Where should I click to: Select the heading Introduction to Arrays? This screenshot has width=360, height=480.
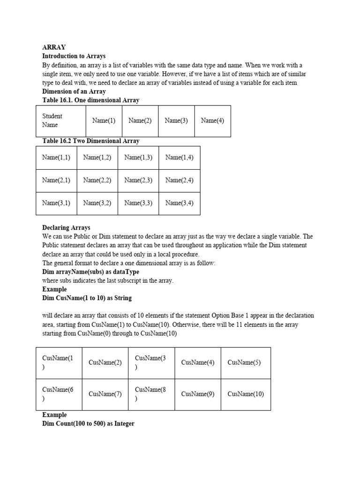pyautogui.click(x=74, y=56)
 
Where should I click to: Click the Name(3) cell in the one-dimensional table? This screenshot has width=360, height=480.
pyautogui.click(x=176, y=120)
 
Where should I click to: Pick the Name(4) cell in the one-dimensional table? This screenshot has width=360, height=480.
pyautogui.click(x=212, y=120)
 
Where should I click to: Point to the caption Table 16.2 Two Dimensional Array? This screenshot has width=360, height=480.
pyautogui.click(x=90, y=141)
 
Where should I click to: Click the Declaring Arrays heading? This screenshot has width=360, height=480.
pyautogui.click(x=66, y=228)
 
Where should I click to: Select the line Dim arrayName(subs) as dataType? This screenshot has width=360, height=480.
pyautogui.click(x=90, y=272)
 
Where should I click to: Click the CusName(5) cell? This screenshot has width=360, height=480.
pyautogui.click(x=244, y=362)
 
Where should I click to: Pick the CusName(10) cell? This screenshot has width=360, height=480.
pyautogui.click(x=246, y=394)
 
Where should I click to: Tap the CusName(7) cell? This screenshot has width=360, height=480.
pyautogui.click(x=105, y=394)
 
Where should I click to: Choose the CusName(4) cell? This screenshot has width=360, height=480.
pyautogui.click(x=198, y=362)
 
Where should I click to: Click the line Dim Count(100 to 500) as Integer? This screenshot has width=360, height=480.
pyautogui.click(x=88, y=424)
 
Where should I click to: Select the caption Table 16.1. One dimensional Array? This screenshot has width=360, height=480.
pyautogui.click(x=90, y=100)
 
